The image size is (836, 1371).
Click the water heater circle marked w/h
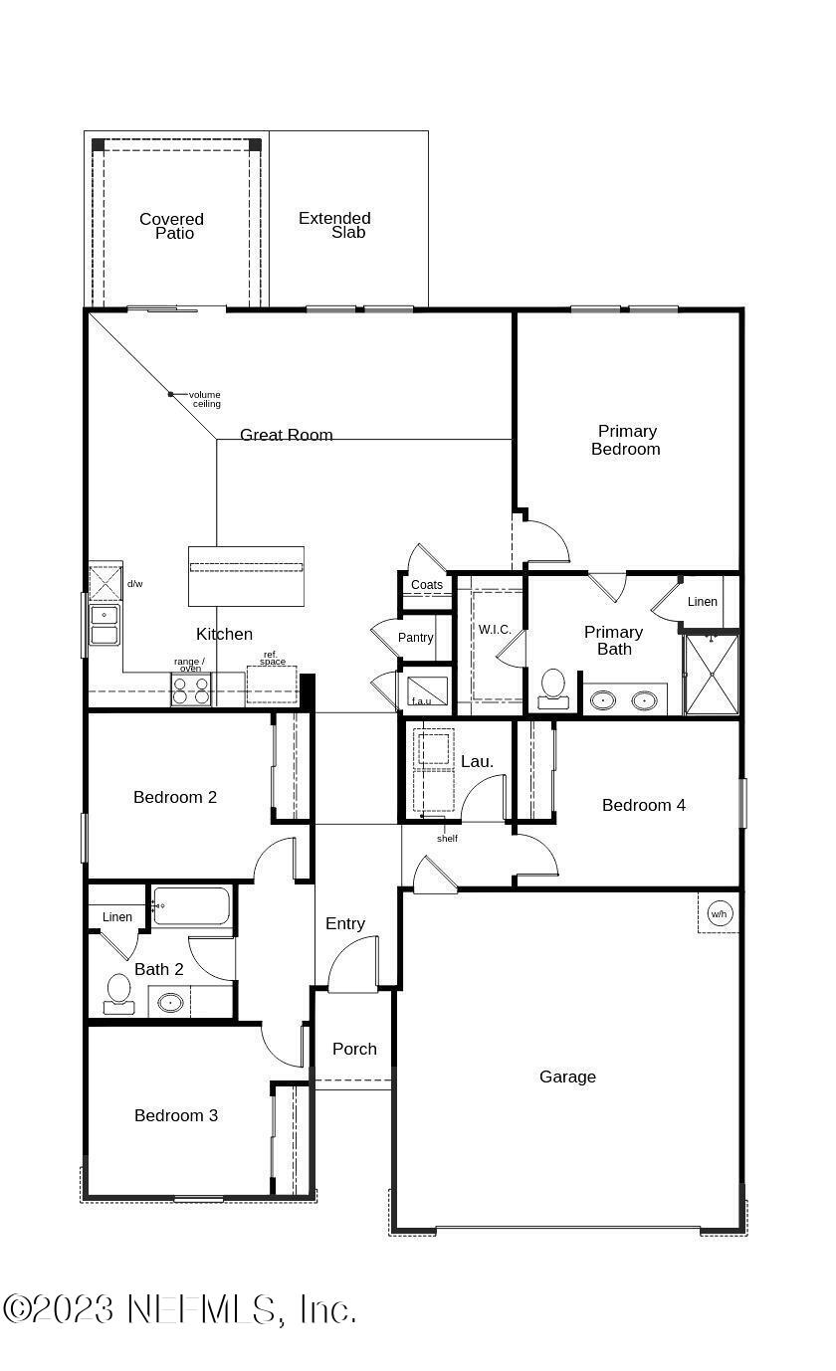click(719, 913)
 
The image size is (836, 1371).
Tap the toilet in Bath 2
click(118, 993)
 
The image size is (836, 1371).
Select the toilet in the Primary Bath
click(553, 688)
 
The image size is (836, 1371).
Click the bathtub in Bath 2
click(191, 905)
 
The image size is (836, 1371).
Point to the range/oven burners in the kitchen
click(190, 689)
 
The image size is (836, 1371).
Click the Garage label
click(567, 1077)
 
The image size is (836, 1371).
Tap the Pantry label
click(416, 637)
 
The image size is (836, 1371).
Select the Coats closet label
click(427, 584)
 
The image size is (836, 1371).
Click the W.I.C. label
click(495, 629)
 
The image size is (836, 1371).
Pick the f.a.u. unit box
click(428, 691)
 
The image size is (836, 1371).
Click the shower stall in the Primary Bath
click(712, 675)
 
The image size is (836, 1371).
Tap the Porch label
click(354, 1049)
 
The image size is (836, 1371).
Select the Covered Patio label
click(172, 226)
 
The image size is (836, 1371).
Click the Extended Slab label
click(335, 225)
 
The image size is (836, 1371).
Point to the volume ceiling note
click(205, 399)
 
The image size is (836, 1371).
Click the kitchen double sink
click(104, 625)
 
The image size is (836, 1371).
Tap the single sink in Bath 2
click(170, 1003)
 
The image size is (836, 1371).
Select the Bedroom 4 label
click(644, 805)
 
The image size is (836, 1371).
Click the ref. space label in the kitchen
click(272, 658)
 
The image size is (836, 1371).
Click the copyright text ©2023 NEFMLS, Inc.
click(178, 1310)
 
